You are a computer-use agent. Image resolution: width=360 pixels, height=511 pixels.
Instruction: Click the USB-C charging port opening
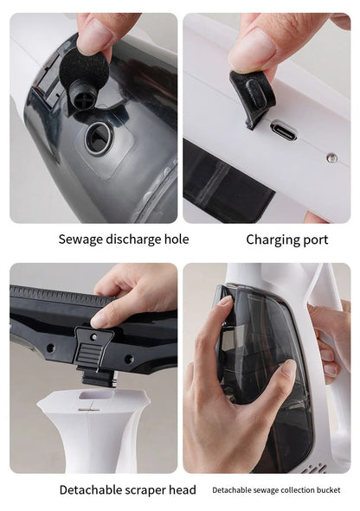coord(283,131)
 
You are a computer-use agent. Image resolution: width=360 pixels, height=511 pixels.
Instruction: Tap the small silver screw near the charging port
coord(332,157)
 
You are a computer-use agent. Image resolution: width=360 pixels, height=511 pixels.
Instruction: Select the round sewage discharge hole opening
coord(99,137)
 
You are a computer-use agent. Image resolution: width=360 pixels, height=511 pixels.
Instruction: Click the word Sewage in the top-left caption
coord(76,240)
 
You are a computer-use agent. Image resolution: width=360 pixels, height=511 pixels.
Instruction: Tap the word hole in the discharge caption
coord(177,240)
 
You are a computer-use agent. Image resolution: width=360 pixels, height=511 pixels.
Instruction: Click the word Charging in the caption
coord(272,240)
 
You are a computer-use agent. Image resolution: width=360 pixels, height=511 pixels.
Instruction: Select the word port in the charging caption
coord(315,240)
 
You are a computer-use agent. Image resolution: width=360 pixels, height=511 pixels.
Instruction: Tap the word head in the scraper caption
coord(183,490)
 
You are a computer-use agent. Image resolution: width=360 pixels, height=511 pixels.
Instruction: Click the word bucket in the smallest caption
coord(328,490)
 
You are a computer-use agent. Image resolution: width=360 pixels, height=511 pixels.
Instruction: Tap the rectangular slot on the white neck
coord(96,395)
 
